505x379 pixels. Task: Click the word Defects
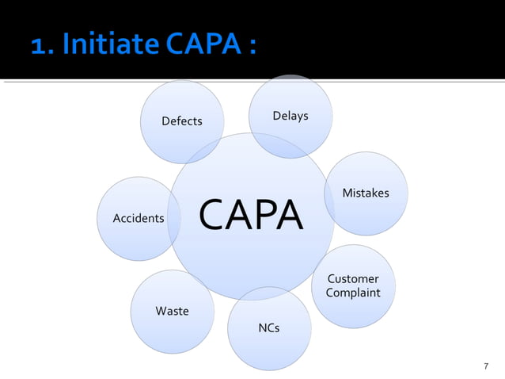(181, 121)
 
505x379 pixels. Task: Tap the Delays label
(290, 117)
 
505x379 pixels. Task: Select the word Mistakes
(365, 193)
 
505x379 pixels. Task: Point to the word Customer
(353, 279)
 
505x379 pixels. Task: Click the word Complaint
(353, 293)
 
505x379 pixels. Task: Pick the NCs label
(269, 327)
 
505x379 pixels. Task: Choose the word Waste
(172, 311)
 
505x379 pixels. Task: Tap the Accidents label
(139, 218)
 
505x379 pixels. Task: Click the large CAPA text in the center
(250, 216)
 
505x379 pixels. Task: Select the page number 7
(486, 366)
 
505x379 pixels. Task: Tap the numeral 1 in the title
(38, 44)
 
